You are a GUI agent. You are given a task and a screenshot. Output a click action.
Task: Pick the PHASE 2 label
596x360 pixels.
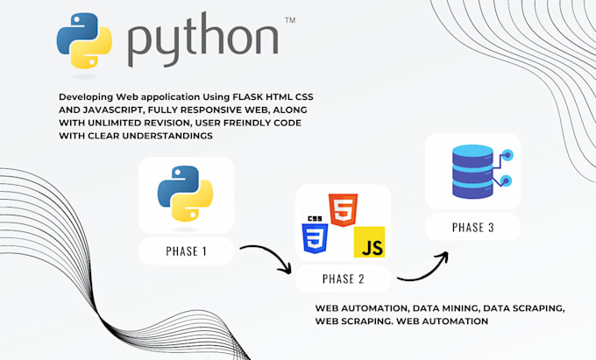tap(344, 279)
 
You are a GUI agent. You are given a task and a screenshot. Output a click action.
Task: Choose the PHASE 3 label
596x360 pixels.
tap(472, 228)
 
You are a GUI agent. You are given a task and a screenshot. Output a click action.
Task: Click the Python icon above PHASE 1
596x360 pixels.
tap(186, 197)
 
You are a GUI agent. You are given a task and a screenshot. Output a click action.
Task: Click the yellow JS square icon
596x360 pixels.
tap(369, 240)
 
